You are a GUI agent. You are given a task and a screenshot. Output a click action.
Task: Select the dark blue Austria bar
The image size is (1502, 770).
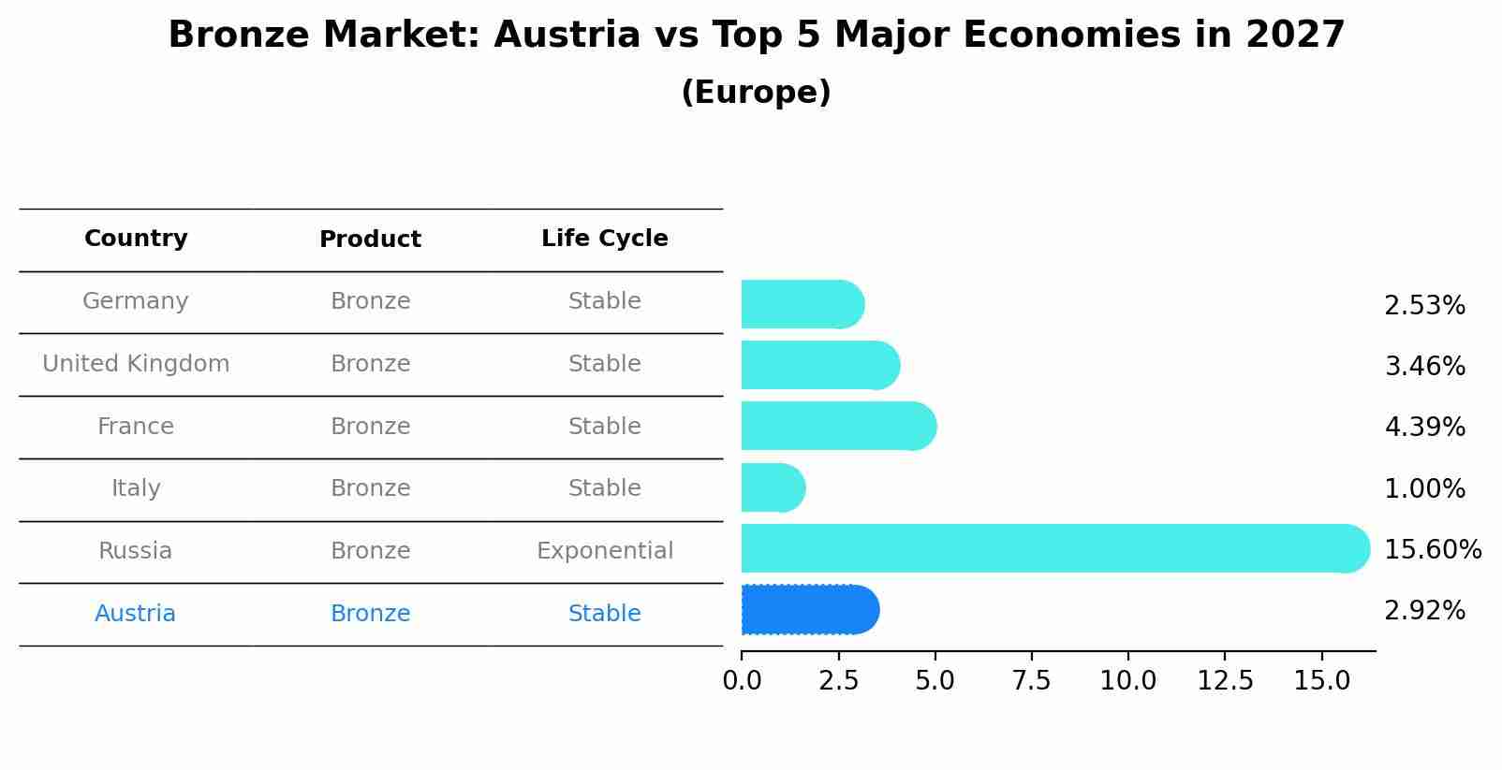(808, 610)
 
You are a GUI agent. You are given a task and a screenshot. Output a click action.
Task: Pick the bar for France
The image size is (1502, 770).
(837, 426)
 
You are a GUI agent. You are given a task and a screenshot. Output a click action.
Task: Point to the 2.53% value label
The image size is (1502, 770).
(1424, 306)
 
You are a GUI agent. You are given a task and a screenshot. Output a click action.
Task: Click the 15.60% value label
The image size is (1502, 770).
(1432, 549)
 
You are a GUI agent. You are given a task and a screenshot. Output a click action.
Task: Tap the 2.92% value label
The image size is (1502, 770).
(1424, 611)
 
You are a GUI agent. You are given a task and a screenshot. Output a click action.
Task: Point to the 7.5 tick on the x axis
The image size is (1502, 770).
(1031, 681)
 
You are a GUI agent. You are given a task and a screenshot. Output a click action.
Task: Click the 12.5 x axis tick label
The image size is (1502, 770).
(1225, 681)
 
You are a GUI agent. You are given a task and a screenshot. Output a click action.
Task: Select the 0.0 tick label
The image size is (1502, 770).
(742, 681)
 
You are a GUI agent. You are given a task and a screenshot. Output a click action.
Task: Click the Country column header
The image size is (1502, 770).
(136, 239)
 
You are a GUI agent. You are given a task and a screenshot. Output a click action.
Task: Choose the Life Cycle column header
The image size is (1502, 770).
(604, 239)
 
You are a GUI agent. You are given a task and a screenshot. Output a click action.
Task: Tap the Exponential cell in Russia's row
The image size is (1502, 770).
(604, 551)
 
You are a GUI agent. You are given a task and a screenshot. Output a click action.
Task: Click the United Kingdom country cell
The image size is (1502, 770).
(136, 364)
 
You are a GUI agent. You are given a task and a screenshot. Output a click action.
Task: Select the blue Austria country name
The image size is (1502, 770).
(135, 614)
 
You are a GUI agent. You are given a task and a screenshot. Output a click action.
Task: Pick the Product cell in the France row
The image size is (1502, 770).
(370, 427)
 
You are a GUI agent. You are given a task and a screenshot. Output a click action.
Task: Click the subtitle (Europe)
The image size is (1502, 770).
(756, 93)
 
